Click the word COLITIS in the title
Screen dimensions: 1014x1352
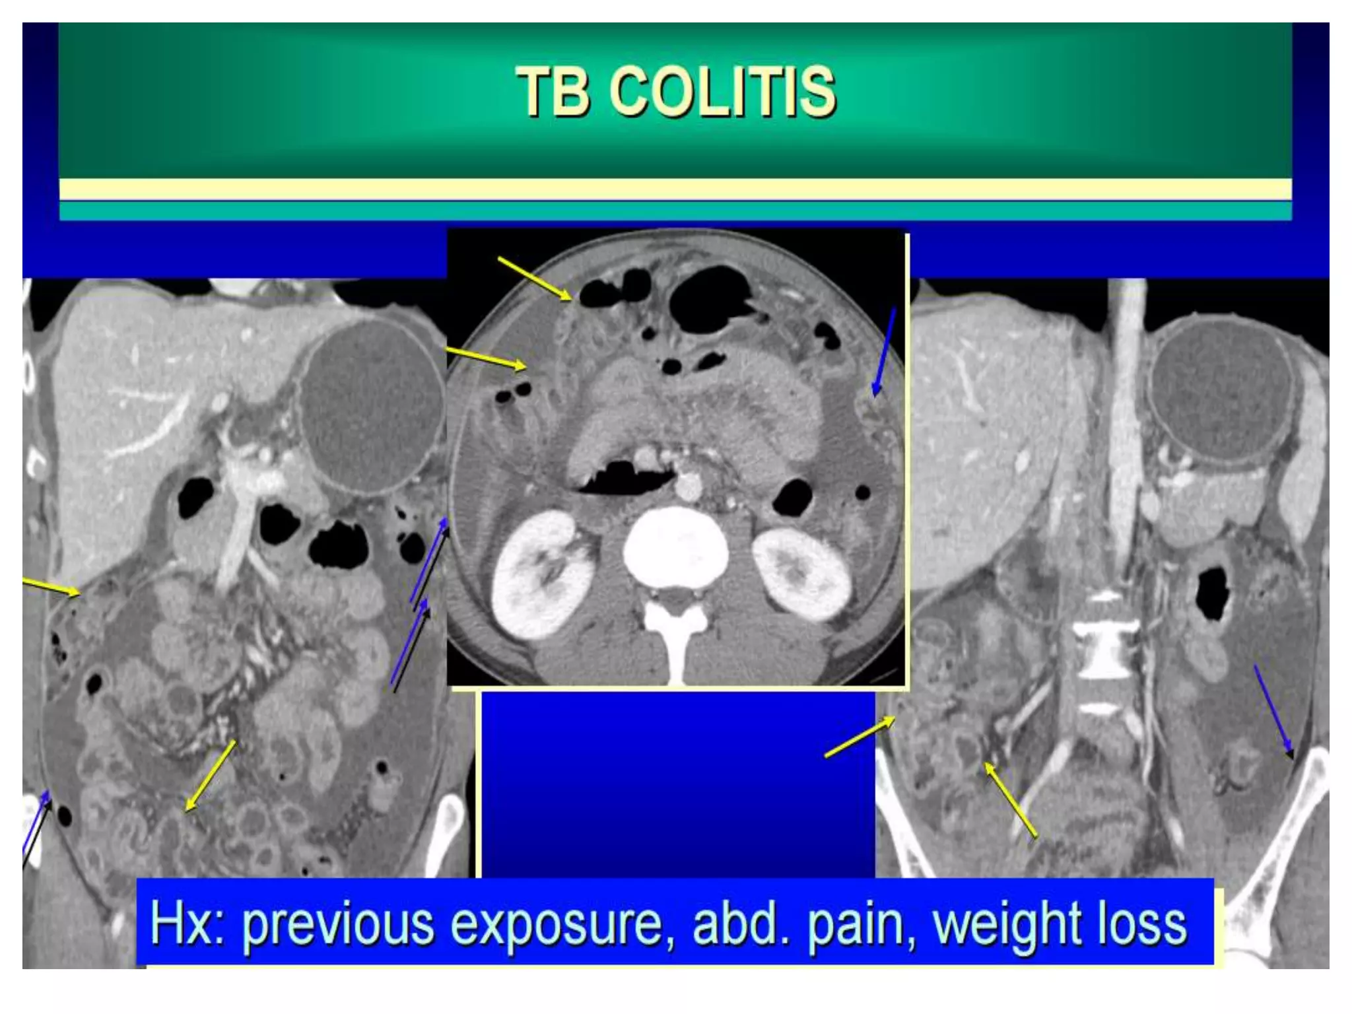coord(726,92)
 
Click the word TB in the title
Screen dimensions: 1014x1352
coord(553,92)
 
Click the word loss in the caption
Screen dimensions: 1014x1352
coord(1141,924)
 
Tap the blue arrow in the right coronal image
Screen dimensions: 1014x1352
coord(1273,712)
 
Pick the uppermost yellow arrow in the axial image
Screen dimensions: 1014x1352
coord(535,279)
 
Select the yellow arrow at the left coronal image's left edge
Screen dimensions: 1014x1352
coord(51,588)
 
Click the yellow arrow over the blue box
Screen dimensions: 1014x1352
coord(860,737)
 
